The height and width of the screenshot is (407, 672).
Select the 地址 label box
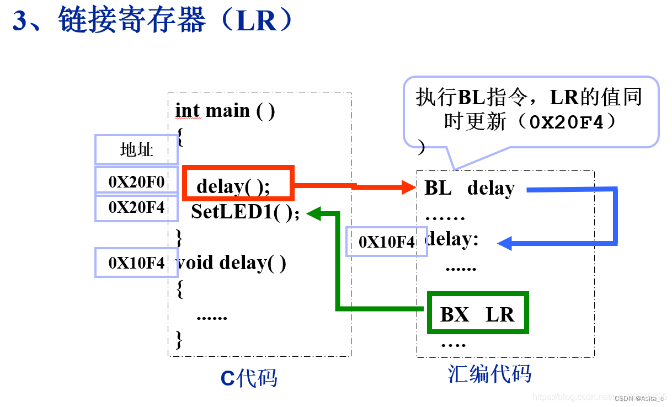pyautogui.click(x=136, y=149)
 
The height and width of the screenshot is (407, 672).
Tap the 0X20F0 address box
pyautogui.click(x=136, y=180)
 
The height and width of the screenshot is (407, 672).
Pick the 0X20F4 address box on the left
pyautogui.click(x=136, y=208)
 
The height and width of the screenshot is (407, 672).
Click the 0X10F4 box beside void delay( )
pyautogui.click(x=136, y=263)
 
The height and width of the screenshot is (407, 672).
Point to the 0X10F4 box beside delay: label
pyautogui.click(x=386, y=242)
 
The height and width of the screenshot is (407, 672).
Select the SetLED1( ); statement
pyautogui.click(x=246, y=212)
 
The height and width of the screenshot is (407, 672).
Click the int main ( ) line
pyautogui.click(x=225, y=111)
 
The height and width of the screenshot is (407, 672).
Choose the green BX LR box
pyautogui.click(x=478, y=313)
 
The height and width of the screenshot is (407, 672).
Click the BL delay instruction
pyautogui.click(x=470, y=188)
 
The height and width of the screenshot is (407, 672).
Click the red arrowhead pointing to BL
pyautogui.click(x=409, y=188)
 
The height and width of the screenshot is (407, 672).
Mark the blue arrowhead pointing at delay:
pyautogui.click(x=505, y=243)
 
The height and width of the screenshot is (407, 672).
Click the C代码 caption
pyautogui.click(x=249, y=378)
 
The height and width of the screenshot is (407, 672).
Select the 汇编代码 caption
pyautogui.click(x=489, y=374)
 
